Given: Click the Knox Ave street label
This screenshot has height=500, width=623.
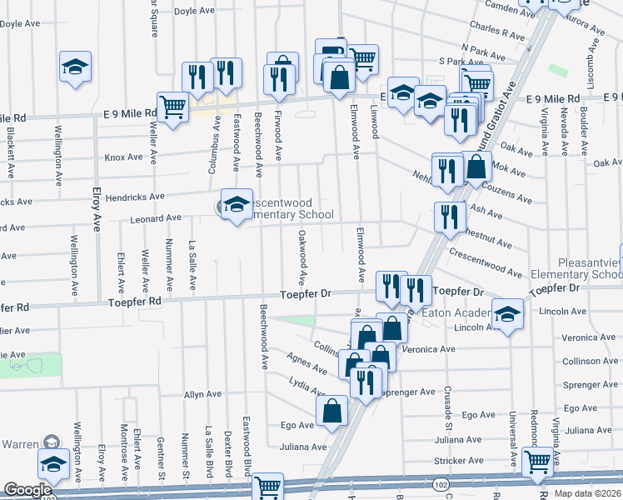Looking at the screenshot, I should tap(124, 157).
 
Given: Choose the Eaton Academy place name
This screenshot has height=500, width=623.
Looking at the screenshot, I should tap(455, 312).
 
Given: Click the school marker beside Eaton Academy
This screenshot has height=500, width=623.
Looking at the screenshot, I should tap(506, 314).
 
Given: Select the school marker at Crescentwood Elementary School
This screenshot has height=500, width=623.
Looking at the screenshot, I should tap(236, 204).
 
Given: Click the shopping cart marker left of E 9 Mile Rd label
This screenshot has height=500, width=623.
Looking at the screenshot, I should tap(172, 107).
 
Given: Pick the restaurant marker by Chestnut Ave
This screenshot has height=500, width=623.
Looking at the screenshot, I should tap(450, 217).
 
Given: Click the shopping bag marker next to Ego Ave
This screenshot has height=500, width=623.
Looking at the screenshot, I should tap(332, 410).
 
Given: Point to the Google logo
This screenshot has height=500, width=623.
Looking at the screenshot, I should tap(27, 491).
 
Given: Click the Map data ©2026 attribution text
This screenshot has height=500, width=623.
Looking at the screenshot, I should tap(588, 493).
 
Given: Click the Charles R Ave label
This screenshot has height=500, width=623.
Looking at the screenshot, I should tap(496, 37).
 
